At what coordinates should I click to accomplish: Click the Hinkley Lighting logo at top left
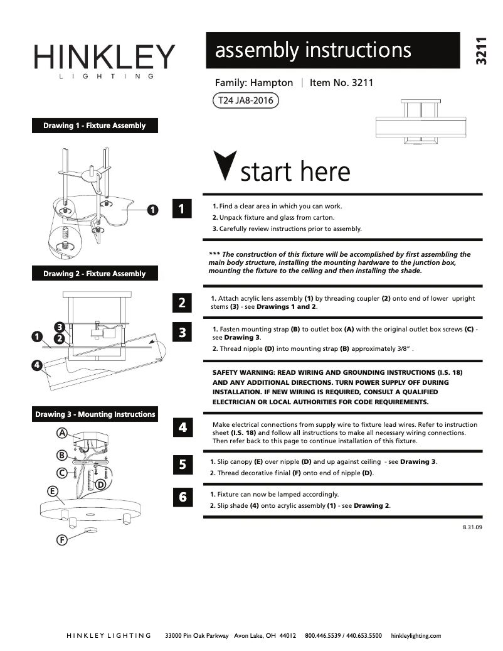click(104, 60)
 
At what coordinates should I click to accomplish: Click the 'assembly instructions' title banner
click(332, 50)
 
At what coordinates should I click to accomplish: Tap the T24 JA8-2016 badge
click(245, 100)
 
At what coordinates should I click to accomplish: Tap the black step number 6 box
click(182, 497)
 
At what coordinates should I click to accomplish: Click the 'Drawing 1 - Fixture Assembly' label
click(95, 126)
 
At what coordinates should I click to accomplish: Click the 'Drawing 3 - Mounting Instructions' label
click(95, 414)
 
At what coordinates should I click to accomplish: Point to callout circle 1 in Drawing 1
click(152, 209)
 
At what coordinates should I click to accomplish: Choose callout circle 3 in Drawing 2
click(58, 326)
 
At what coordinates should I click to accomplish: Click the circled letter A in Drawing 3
click(62, 433)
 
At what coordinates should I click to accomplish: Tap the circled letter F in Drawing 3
click(62, 539)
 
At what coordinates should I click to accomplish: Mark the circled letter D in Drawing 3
click(100, 484)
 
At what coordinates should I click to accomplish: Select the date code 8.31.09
click(472, 528)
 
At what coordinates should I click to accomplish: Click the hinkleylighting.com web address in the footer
click(416, 635)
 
